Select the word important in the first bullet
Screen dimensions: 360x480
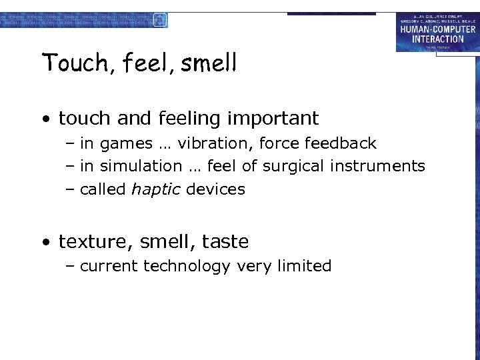point(273,119)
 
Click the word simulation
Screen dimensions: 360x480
point(141,166)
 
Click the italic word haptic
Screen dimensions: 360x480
point(156,190)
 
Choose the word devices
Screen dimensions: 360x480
point(215,189)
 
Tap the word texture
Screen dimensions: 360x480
point(87,241)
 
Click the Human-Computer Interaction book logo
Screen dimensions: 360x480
point(437,32)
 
